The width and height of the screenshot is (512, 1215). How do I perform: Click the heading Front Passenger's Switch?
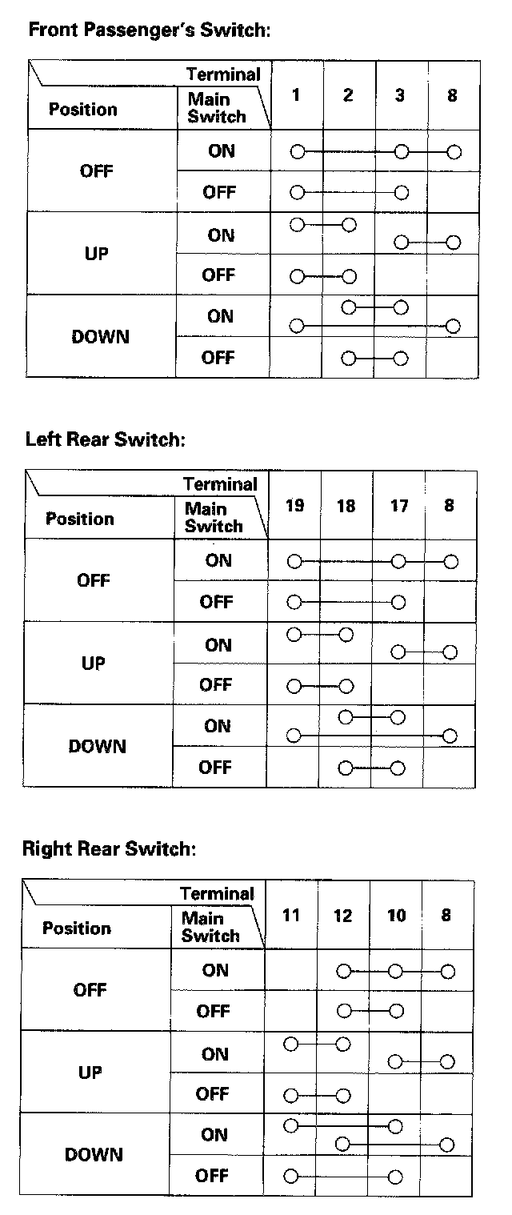[x=150, y=31]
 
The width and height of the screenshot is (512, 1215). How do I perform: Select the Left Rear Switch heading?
[x=105, y=439]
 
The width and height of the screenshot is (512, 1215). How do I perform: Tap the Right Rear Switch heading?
[x=109, y=848]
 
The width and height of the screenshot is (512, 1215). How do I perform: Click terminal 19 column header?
[x=294, y=505]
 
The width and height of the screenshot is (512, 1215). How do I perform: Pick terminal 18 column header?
[x=346, y=505]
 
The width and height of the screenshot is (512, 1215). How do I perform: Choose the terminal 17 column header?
[x=398, y=505]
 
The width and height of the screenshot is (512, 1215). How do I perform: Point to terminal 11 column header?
[x=291, y=915]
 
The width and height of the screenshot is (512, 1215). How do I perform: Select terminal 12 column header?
[x=342, y=915]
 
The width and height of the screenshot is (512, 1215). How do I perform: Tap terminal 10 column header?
[x=396, y=915]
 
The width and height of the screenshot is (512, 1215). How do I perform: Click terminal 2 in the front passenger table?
[x=348, y=95]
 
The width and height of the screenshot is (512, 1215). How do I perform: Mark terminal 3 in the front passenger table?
[x=400, y=95]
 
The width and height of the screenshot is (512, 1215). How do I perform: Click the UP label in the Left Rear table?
[x=94, y=664]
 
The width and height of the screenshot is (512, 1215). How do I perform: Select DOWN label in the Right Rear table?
[x=94, y=1155]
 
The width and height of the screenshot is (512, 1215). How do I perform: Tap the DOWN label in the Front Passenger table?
[x=100, y=337]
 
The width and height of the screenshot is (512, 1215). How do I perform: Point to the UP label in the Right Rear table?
[x=90, y=1073]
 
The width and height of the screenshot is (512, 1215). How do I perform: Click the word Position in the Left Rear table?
[x=80, y=519]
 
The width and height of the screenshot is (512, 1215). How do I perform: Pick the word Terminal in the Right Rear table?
[x=217, y=893]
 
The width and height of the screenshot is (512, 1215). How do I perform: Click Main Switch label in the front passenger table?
[x=216, y=108]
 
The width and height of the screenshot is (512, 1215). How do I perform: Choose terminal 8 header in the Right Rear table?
[x=446, y=915]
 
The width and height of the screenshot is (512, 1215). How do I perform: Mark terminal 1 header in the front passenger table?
[x=296, y=95]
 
